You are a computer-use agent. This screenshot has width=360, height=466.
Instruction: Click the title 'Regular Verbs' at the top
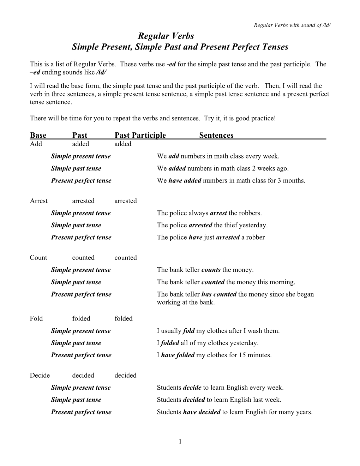click(x=166, y=36)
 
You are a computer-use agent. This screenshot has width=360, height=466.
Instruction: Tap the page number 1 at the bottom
click(x=180, y=441)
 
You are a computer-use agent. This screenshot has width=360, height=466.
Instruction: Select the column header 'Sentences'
click(x=216, y=135)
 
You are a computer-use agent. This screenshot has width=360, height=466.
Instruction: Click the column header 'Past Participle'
click(x=140, y=135)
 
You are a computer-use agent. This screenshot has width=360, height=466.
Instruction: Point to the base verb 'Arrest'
click(x=38, y=201)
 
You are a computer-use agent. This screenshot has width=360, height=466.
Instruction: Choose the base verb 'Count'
click(x=38, y=258)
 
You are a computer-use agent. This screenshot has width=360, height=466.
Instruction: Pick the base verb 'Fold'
click(x=36, y=318)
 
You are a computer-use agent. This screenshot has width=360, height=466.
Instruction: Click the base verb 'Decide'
click(x=40, y=375)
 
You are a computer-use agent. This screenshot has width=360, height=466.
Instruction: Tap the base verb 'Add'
click(x=36, y=144)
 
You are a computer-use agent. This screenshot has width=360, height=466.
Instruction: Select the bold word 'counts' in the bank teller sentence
click(x=211, y=270)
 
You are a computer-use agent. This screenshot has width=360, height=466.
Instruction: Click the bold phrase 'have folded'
click(x=178, y=355)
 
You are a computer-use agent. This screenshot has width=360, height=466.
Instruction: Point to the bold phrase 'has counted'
click(x=219, y=294)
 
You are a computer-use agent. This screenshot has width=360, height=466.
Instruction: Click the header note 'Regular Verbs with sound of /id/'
click(x=292, y=25)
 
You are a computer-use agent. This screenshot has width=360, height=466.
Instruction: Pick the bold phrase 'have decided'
click(x=202, y=412)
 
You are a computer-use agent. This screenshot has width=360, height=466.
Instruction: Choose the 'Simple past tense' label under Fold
click(x=76, y=343)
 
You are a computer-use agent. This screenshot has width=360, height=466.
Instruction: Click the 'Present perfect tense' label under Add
click(x=81, y=181)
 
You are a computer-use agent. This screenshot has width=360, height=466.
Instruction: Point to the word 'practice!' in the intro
click(x=263, y=118)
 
